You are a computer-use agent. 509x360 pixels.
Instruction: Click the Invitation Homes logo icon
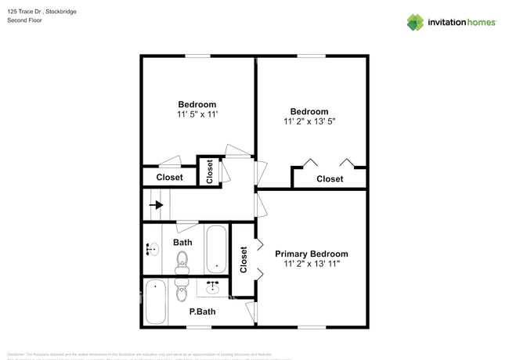[x=415, y=22]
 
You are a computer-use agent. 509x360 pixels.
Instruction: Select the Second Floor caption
[x=24, y=20]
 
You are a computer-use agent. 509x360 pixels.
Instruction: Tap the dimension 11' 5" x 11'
[x=197, y=114]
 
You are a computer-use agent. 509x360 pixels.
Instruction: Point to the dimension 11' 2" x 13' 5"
[x=309, y=121]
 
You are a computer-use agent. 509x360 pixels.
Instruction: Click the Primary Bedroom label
[x=312, y=254]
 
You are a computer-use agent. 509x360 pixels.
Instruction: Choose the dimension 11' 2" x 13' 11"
[x=312, y=265]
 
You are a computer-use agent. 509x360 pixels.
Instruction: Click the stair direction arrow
[x=157, y=206]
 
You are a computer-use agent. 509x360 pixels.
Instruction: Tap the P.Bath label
[x=203, y=311]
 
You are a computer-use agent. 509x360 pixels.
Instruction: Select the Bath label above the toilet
[x=182, y=242]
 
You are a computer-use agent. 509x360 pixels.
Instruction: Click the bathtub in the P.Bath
[x=157, y=302]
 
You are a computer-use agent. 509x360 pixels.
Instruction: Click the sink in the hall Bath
[x=152, y=250]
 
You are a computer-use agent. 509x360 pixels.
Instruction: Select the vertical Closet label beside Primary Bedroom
[x=244, y=259]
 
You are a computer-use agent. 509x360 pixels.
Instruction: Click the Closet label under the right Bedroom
[x=330, y=178]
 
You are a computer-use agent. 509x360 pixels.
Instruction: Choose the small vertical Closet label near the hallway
[x=209, y=171]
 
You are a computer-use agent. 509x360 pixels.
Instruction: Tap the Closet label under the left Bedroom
[x=169, y=177]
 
